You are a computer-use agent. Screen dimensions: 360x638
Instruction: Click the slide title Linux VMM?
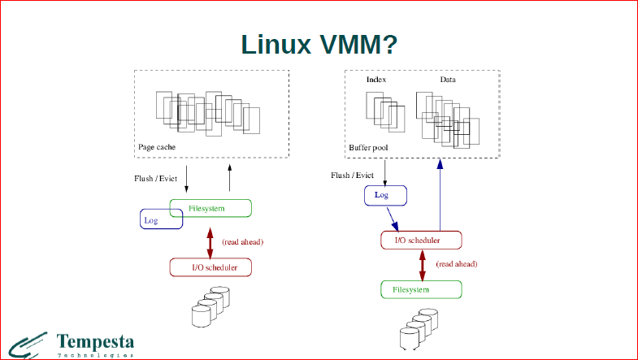click(319, 44)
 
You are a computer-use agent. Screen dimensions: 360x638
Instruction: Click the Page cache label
click(157, 147)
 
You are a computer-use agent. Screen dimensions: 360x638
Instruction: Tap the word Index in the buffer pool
click(376, 80)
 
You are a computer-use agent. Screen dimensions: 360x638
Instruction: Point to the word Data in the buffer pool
click(448, 80)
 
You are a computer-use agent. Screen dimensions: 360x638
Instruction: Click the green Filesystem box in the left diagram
click(210, 208)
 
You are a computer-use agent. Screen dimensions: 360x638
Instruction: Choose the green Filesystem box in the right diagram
click(421, 289)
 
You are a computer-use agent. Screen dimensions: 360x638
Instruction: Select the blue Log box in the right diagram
click(384, 195)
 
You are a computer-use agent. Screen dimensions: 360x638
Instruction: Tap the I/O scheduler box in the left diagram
click(210, 267)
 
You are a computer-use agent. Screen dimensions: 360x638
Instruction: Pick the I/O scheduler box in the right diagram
click(421, 241)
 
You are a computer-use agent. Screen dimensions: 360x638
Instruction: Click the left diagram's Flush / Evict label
click(155, 178)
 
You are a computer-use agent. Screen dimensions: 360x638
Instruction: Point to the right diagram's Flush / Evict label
click(352, 175)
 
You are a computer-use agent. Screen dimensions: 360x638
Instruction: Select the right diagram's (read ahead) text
click(456, 264)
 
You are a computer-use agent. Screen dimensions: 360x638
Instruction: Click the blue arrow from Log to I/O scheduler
click(393, 219)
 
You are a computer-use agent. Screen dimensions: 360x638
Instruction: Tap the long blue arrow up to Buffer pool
click(440, 195)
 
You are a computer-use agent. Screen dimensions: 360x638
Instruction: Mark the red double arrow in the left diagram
click(210, 241)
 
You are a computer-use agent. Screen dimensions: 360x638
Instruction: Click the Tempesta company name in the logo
click(96, 341)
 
